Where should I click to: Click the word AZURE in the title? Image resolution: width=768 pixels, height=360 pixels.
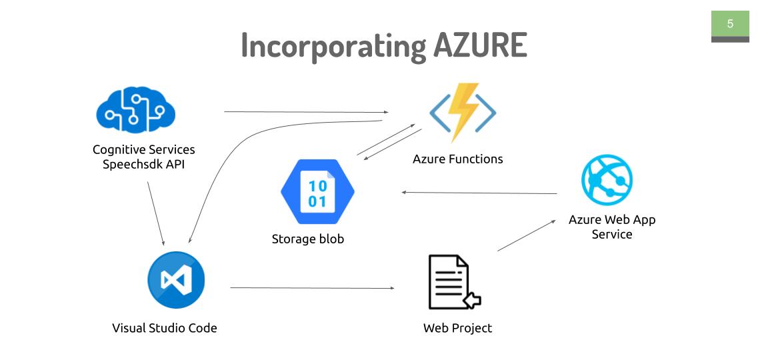pyautogui.click(x=480, y=45)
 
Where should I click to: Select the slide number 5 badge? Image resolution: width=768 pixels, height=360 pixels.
pyautogui.click(x=730, y=24)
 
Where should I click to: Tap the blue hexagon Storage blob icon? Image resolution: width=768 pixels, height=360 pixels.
pyautogui.click(x=317, y=192)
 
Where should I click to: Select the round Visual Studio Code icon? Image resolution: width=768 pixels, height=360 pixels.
pyautogui.click(x=176, y=280)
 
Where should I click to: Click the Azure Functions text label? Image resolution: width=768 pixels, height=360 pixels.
pyautogui.click(x=457, y=159)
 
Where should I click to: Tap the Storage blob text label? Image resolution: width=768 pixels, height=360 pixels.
pyautogui.click(x=308, y=239)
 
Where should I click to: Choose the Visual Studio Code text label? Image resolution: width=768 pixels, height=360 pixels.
pyautogui.click(x=164, y=327)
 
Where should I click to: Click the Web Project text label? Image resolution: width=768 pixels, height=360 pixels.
pyautogui.click(x=457, y=327)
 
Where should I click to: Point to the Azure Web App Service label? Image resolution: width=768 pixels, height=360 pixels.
pyautogui.click(x=611, y=227)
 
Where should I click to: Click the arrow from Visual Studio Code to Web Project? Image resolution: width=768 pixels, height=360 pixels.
pyautogui.click(x=312, y=288)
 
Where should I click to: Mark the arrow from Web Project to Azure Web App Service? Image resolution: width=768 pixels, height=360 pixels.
pyautogui.click(x=527, y=235)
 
